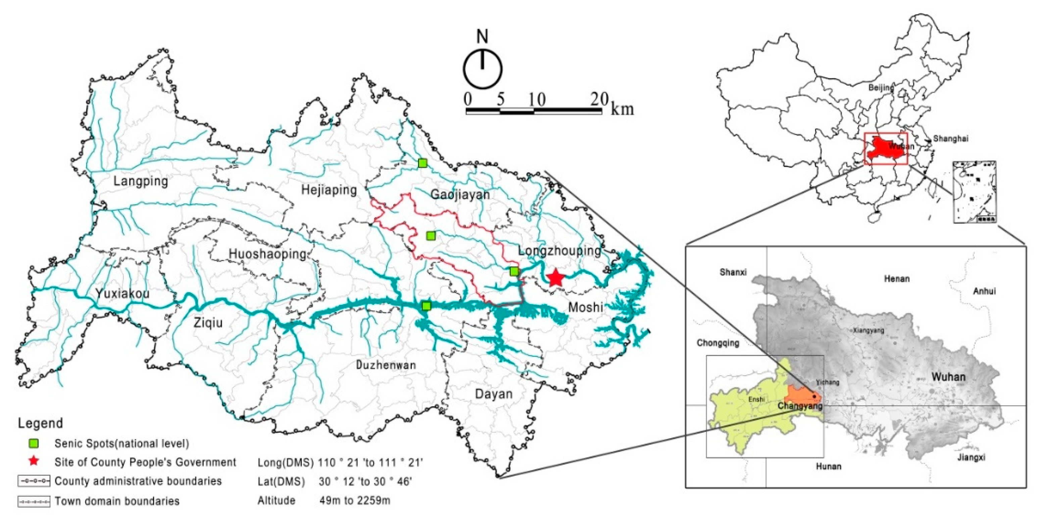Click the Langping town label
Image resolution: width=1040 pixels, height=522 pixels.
pos(141,181)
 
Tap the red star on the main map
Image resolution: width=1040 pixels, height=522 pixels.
pos(555,278)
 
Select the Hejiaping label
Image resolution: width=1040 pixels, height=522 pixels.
pos(329,190)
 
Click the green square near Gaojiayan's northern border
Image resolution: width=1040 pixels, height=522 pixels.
pos(422,163)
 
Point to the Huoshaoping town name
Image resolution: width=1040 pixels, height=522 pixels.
pos(268,254)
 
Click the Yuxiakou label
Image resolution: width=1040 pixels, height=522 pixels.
pos(122,294)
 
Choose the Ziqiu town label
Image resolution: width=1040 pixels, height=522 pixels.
pos(208,323)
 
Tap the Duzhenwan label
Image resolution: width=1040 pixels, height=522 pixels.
pos(386,365)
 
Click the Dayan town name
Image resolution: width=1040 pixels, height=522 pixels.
pos(493,394)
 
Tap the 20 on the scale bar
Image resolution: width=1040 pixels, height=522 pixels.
pos(599,99)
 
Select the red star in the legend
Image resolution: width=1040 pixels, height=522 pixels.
pos(34,461)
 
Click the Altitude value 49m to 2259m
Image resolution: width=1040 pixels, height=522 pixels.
pos(354,501)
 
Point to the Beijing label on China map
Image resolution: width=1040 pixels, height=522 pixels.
pos(881,87)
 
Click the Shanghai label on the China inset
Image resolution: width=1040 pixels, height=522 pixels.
pos(951,139)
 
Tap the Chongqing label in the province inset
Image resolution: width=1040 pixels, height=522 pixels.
pos(718,343)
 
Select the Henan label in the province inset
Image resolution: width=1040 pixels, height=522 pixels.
pos(897,278)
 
